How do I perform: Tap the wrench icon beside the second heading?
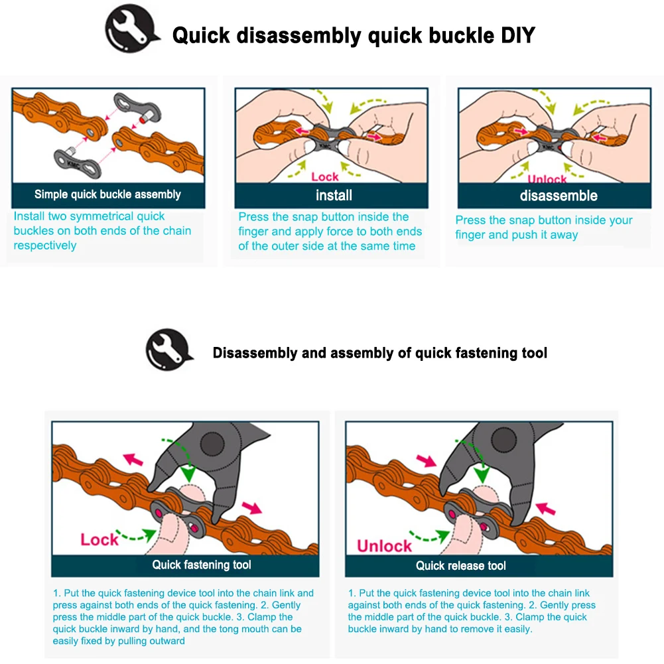click(x=167, y=350)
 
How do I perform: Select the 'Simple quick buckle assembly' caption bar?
click(x=107, y=194)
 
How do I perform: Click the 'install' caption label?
click(x=334, y=195)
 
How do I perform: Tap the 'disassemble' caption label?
click(x=559, y=196)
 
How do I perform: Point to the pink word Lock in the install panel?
click(x=324, y=176)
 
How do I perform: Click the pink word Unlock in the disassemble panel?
click(x=547, y=180)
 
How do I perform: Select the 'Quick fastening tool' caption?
click(x=202, y=565)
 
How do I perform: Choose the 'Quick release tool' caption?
click(x=460, y=566)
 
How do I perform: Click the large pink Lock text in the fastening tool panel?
click(x=100, y=539)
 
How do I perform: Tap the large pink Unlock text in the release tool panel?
click(x=384, y=546)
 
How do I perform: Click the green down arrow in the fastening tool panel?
click(x=189, y=473)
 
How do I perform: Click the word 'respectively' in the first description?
click(x=45, y=245)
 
